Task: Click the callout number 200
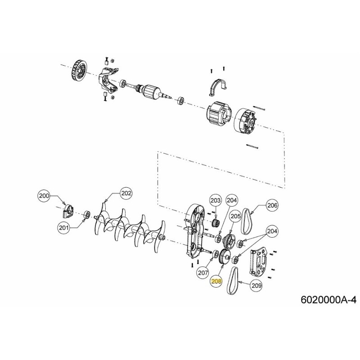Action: coord(44,196)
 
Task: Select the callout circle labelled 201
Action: coord(64,228)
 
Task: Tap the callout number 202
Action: coord(126,193)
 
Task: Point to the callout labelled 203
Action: coord(216,200)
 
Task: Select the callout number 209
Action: coord(256,284)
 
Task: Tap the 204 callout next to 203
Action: coord(232,200)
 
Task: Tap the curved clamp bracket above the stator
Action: coord(218,86)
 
